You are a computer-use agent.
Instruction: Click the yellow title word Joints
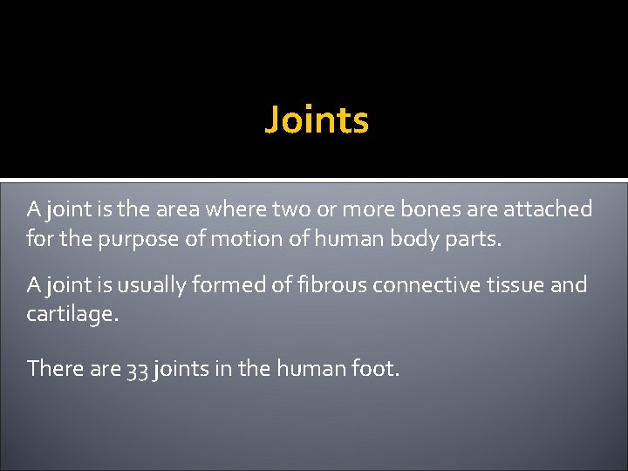coord(317,119)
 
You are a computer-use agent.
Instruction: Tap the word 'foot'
coord(375,369)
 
